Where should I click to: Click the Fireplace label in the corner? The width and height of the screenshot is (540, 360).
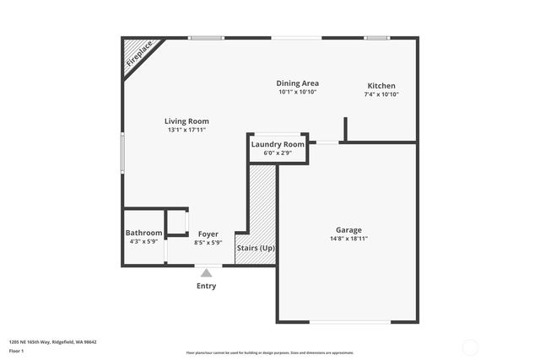click(x=139, y=53)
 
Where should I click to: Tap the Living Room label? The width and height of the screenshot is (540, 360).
click(x=186, y=121)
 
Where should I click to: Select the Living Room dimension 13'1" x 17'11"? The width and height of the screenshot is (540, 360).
click(x=186, y=130)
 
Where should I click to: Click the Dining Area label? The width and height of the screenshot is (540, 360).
click(x=297, y=83)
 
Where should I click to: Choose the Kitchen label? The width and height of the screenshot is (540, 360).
click(x=381, y=86)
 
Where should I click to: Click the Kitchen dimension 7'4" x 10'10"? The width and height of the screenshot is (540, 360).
click(x=381, y=94)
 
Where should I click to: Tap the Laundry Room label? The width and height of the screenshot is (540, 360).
click(x=278, y=144)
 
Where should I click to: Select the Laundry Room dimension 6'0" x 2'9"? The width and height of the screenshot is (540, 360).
click(x=278, y=153)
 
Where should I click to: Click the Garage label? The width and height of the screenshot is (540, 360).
click(x=348, y=230)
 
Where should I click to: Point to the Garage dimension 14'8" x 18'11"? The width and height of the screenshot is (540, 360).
click(x=348, y=239)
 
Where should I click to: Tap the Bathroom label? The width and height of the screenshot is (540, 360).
click(x=143, y=233)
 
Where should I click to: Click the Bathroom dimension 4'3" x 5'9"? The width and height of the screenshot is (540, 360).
click(x=143, y=242)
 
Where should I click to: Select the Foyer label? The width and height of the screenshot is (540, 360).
click(x=208, y=234)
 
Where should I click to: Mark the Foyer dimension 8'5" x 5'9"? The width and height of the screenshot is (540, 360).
click(x=208, y=243)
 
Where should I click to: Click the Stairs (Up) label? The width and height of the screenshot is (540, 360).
click(x=255, y=248)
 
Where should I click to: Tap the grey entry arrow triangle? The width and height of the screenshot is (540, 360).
click(x=206, y=272)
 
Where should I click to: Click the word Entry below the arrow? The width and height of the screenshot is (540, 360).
click(x=206, y=286)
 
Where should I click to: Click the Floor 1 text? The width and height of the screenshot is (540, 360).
click(x=17, y=350)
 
